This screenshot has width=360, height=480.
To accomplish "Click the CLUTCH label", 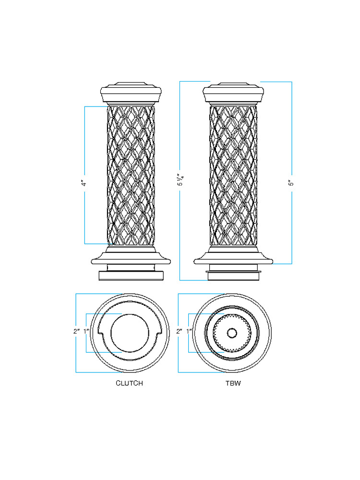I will [x=129, y=383].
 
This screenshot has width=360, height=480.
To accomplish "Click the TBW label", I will [x=233, y=383].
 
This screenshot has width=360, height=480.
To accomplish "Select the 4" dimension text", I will [x=84, y=183].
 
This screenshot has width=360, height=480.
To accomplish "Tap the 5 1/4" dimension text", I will [x=181, y=180].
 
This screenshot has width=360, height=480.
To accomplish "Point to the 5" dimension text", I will [x=291, y=183].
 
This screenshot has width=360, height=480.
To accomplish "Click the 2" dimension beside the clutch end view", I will [x=76, y=331].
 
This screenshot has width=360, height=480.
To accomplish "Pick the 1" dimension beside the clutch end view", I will [x=86, y=331].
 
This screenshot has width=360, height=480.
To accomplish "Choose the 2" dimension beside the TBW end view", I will [x=179, y=331].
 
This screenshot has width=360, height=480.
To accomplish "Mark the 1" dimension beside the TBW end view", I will [x=189, y=331].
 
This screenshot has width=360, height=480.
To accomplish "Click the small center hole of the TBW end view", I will [x=232, y=332].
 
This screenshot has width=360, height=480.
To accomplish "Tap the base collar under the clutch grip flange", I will [x=130, y=275].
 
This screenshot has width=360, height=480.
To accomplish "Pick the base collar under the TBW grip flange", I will [x=233, y=275].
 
